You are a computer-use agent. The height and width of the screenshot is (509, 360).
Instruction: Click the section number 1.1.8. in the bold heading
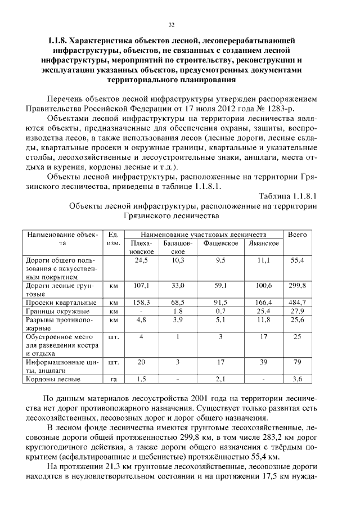pyautogui.click(x=58, y=40)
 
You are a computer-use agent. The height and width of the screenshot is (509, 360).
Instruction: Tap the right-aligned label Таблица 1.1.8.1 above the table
pyautogui.click(x=288, y=196)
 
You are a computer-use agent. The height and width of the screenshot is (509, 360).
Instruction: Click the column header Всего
pyautogui.click(x=297, y=234)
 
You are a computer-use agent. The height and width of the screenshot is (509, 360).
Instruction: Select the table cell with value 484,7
pyautogui.click(x=297, y=302)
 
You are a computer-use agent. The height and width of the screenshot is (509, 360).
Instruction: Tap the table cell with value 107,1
pyautogui.click(x=142, y=285)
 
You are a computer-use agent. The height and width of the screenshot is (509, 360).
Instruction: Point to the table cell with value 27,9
pyautogui.click(x=297, y=310)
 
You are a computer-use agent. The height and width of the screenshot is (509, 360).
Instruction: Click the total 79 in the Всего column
pyautogui.click(x=297, y=362)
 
